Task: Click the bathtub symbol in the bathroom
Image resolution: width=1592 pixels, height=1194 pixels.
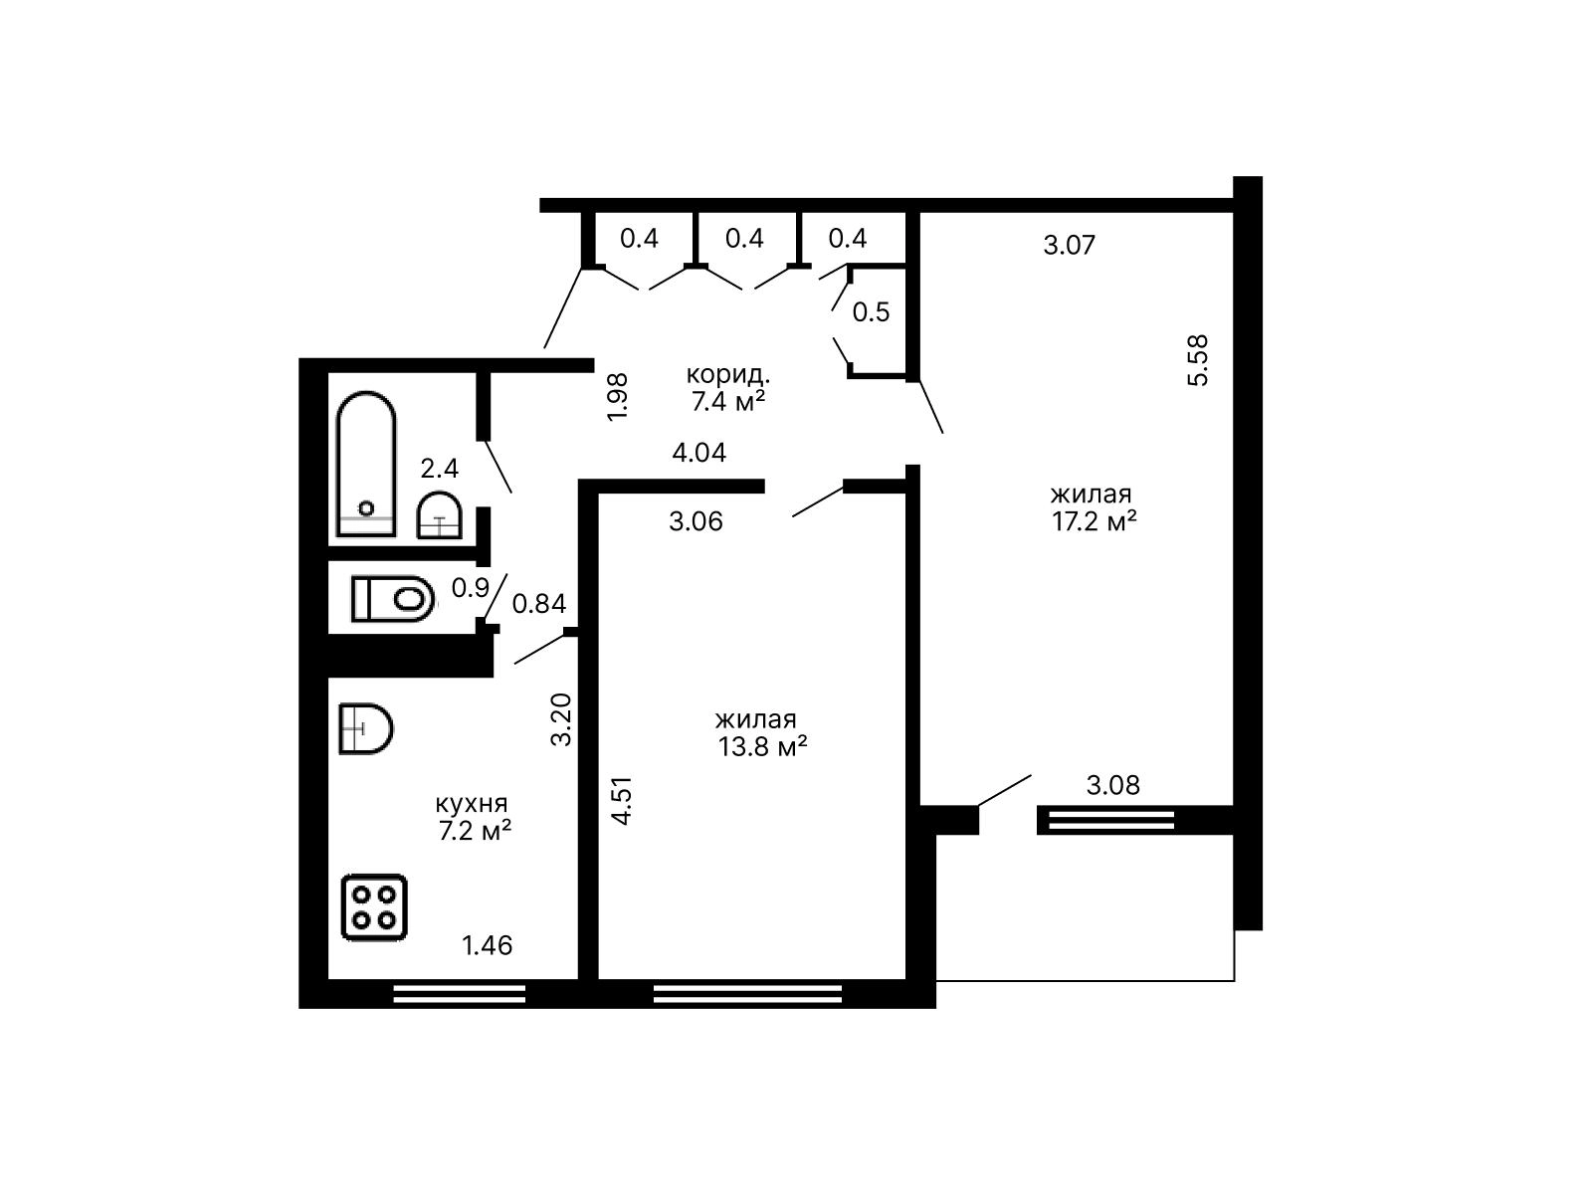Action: (366, 464)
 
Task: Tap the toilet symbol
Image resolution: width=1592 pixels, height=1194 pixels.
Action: (392, 599)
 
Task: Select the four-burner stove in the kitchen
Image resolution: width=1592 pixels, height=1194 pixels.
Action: (374, 907)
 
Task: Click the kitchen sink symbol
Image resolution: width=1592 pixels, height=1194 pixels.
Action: (365, 728)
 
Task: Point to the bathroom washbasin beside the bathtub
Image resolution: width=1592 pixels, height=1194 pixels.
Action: (440, 515)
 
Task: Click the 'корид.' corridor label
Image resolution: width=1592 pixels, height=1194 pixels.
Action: (727, 375)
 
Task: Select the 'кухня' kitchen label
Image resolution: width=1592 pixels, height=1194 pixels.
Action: (472, 803)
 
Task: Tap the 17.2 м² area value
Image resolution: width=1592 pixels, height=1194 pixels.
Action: (1094, 521)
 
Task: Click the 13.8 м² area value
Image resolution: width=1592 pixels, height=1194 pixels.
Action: (762, 746)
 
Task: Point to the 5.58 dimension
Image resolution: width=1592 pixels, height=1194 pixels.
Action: (1198, 359)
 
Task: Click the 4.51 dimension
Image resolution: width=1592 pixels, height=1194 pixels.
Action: (622, 800)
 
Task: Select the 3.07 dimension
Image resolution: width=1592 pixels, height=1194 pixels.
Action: (1069, 245)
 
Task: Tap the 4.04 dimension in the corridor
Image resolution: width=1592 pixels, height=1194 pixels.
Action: (699, 453)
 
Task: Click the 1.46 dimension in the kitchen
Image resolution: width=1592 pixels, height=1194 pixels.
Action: (488, 945)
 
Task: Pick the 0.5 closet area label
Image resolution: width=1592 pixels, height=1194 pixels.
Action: (871, 311)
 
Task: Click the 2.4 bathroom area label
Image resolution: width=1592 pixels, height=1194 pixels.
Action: (440, 469)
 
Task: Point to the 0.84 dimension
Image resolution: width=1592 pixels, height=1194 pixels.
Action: (539, 603)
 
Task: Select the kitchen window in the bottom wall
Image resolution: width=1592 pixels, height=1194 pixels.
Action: (459, 993)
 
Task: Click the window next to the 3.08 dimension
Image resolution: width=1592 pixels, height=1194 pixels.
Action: (1111, 820)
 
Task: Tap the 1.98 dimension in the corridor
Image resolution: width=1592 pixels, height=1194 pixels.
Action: (617, 397)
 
